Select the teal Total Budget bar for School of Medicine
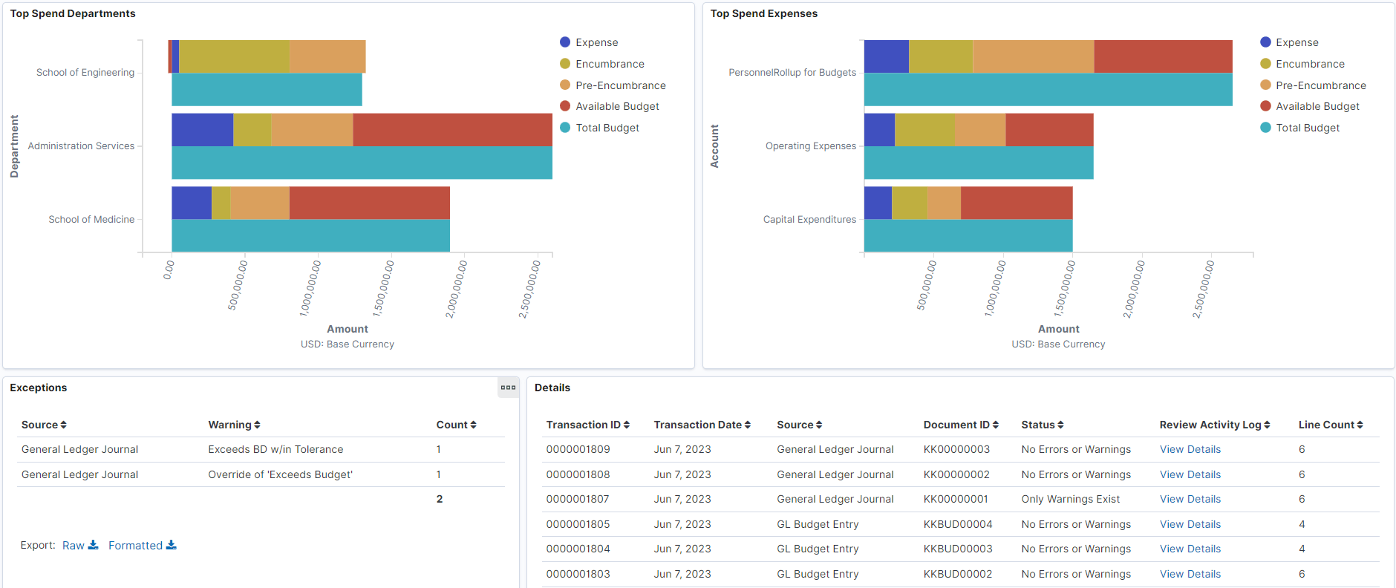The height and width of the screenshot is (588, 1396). pos(310,235)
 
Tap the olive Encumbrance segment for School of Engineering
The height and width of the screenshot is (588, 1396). pos(234,56)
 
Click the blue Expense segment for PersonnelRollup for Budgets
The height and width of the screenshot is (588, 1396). pos(886,56)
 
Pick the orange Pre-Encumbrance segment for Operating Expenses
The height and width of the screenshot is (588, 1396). pos(979,130)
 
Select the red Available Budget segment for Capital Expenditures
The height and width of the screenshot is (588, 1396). pos(1016,203)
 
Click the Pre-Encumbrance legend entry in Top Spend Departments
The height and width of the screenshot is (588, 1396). pos(620,85)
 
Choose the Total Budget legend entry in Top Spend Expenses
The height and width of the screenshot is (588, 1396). pos(1307,128)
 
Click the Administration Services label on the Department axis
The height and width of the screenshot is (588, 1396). pos(81,146)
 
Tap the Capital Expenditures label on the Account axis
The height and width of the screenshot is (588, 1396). pos(809,220)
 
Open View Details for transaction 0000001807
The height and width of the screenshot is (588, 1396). pos(1190,499)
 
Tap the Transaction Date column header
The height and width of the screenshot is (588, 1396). pos(702,425)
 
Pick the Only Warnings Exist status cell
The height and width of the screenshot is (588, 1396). pos(1070,499)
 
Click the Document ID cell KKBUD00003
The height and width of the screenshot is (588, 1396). pos(957,549)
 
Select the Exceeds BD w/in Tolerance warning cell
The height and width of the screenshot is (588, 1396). pos(275,449)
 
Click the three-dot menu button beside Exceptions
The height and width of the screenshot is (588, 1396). pos(508,388)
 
